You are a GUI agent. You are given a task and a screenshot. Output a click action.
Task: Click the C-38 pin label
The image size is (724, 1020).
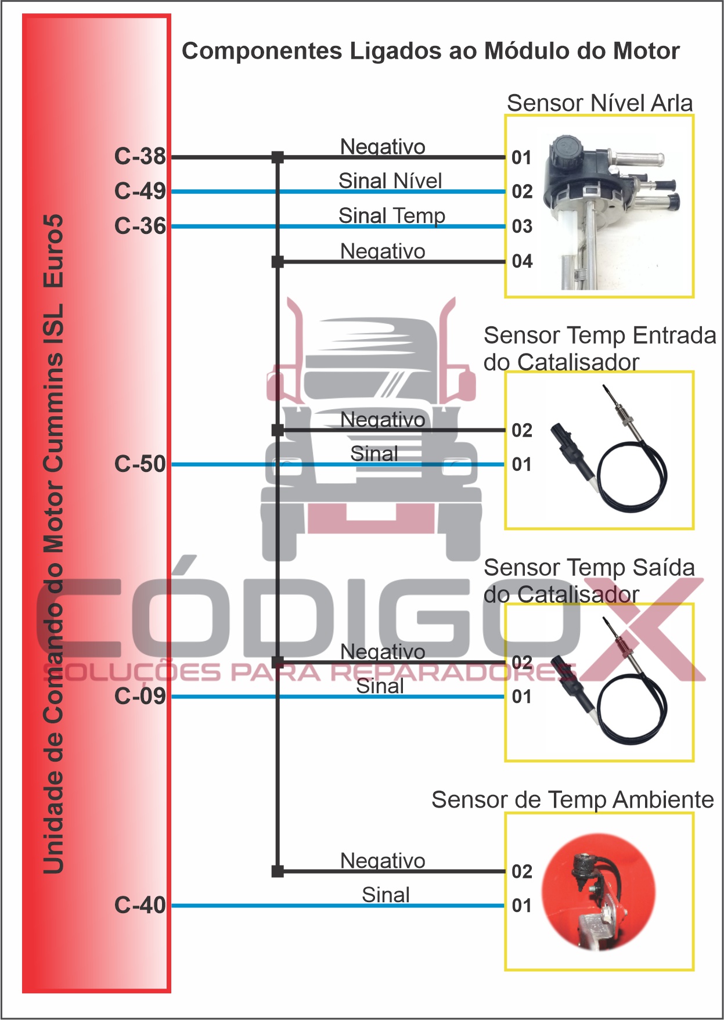tap(140, 156)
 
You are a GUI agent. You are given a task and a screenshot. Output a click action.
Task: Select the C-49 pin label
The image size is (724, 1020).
tap(140, 191)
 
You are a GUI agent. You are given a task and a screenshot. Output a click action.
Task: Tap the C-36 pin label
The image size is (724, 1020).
tap(140, 226)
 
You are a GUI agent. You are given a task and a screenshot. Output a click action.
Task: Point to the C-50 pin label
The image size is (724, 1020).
tap(140, 464)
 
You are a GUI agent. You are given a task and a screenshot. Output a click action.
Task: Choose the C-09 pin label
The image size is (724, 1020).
tap(140, 695)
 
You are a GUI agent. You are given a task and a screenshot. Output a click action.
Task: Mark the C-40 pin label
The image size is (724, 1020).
tap(140, 904)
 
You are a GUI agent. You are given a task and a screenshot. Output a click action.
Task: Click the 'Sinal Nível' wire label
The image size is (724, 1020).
tap(390, 181)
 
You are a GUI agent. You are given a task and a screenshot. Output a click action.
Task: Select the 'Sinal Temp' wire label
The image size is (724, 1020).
tap(392, 215)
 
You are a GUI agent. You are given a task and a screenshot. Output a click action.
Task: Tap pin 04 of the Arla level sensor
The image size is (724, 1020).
tap(522, 261)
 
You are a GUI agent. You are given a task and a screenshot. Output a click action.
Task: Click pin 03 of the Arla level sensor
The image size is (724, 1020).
tap(522, 226)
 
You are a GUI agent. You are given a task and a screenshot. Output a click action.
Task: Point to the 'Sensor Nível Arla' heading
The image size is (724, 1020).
tap(600, 103)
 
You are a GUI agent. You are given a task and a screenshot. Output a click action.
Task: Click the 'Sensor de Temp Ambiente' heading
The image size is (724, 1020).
tap(572, 799)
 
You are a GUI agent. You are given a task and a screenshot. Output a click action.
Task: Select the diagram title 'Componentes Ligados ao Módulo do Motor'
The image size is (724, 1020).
tap(430, 51)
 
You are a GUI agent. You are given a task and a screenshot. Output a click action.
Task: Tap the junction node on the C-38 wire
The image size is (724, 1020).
tap(278, 157)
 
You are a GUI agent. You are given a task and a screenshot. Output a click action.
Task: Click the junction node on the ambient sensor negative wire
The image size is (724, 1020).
tap(278, 871)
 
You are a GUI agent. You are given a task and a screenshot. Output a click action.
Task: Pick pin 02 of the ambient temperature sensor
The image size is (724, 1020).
tap(522, 871)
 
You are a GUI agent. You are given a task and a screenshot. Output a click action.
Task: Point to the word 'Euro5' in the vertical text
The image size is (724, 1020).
tap(53, 251)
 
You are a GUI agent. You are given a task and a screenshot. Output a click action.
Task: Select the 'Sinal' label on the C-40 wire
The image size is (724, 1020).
tap(386, 895)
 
